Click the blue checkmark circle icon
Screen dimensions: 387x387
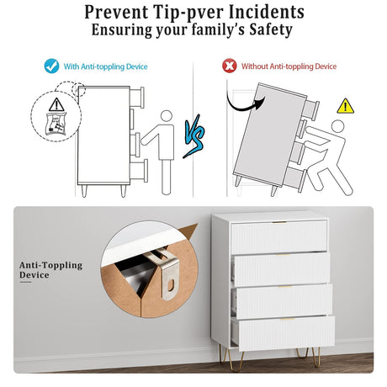click(51, 66)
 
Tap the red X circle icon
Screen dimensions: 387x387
click(230, 66)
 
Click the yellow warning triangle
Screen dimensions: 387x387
click(345, 106)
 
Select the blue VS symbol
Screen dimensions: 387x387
click(194, 136)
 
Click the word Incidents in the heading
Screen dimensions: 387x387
click(267, 13)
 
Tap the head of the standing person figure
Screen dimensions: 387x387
click(167, 116)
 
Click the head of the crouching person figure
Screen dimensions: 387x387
click(337, 126)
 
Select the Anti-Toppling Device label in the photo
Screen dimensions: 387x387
click(50, 270)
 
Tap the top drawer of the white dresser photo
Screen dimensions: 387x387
click(278, 236)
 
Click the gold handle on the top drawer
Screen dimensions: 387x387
click(279, 222)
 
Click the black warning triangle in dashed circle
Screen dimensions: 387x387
click(56, 104)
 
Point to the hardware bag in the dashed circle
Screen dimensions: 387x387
click(56, 124)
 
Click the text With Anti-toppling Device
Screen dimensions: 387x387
click(105, 66)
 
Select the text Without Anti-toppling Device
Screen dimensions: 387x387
click(289, 66)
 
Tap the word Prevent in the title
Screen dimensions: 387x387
click(116, 13)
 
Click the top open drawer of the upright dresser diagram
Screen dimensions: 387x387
click(137, 98)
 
